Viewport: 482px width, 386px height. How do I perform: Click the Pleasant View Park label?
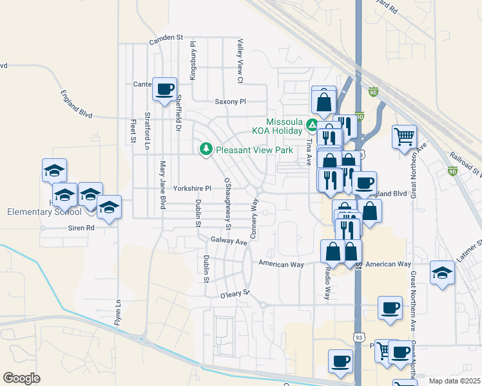point(254,150)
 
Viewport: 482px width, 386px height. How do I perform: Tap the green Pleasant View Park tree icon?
point(206,149)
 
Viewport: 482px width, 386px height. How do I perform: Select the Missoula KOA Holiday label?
point(284,125)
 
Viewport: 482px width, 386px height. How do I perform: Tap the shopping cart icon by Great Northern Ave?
point(404,136)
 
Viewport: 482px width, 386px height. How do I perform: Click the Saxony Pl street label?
point(230,102)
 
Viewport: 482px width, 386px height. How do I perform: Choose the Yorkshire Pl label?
point(191,188)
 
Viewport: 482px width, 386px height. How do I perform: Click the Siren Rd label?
point(81,228)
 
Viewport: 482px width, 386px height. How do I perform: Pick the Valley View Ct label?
point(240,60)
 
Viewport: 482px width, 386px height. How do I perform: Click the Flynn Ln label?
point(118,312)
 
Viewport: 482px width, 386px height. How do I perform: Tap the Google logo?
point(21,378)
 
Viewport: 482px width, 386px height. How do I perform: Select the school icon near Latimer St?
point(443,272)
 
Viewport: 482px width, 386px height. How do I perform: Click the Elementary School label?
point(44,212)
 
